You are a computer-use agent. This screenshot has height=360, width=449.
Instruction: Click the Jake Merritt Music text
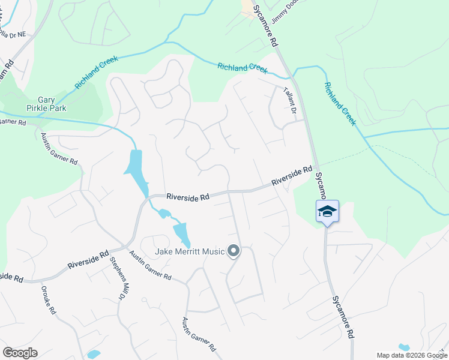tap(190, 251)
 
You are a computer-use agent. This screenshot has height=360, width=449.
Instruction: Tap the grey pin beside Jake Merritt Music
tap(234, 251)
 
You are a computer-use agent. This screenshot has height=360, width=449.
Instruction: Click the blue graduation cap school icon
tap(327, 212)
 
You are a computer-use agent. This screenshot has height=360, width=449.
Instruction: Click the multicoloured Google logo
tap(20, 352)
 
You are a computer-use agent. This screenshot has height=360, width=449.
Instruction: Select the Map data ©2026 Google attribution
tap(412, 355)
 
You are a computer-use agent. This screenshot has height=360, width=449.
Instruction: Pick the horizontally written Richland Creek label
tap(243, 68)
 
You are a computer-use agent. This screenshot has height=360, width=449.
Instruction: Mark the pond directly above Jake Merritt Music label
tap(181, 233)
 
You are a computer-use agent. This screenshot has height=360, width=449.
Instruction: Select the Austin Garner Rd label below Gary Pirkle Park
tap(59, 149)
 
